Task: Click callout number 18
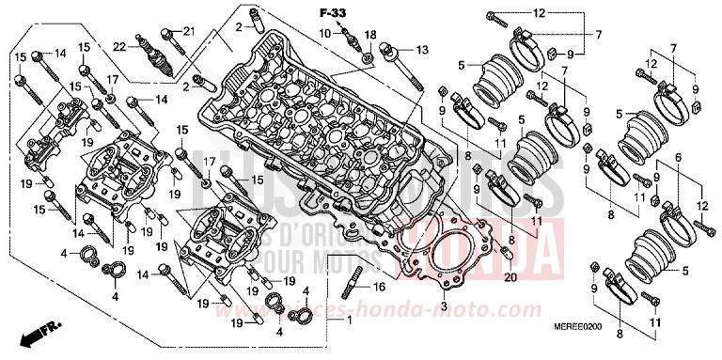tap(369, 35)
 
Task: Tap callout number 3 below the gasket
tap(443, 306)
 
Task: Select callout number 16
tap(380, 286)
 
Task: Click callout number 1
tap(350, 321)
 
